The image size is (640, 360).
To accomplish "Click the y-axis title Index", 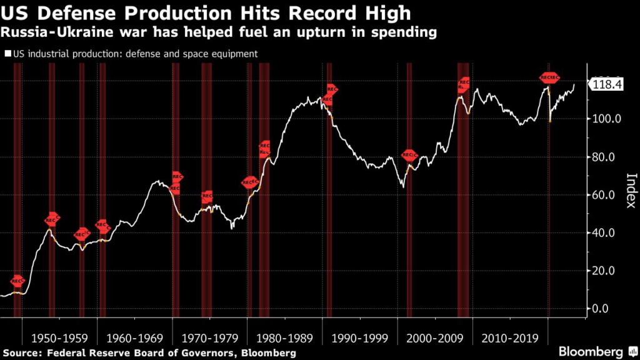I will coord(631,190).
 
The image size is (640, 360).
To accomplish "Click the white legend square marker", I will coord(8,54).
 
